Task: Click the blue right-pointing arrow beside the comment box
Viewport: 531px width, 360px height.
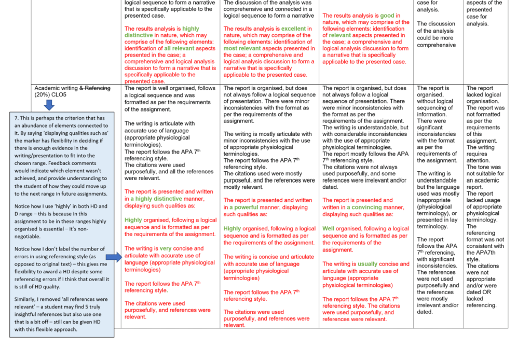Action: coord(113,257)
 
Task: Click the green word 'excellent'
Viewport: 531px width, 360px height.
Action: coord(295,29)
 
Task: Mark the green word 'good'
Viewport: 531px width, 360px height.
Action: coord(387,16)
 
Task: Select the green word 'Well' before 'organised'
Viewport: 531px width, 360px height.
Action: coord(329,229)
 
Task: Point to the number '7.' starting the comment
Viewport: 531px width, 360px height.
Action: coord(17,118)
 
